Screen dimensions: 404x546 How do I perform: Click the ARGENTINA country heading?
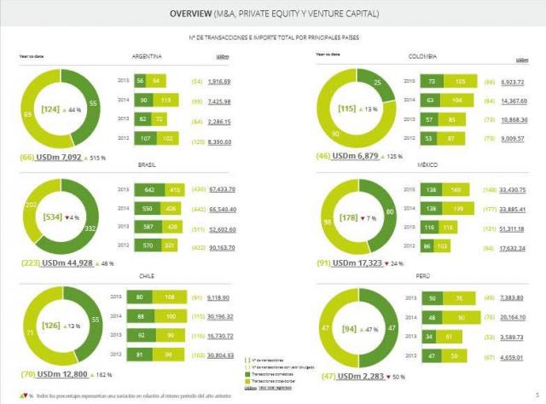point(148,57)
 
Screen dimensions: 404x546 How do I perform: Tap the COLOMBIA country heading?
point(422,56)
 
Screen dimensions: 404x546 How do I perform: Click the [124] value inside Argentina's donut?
point(49,110)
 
